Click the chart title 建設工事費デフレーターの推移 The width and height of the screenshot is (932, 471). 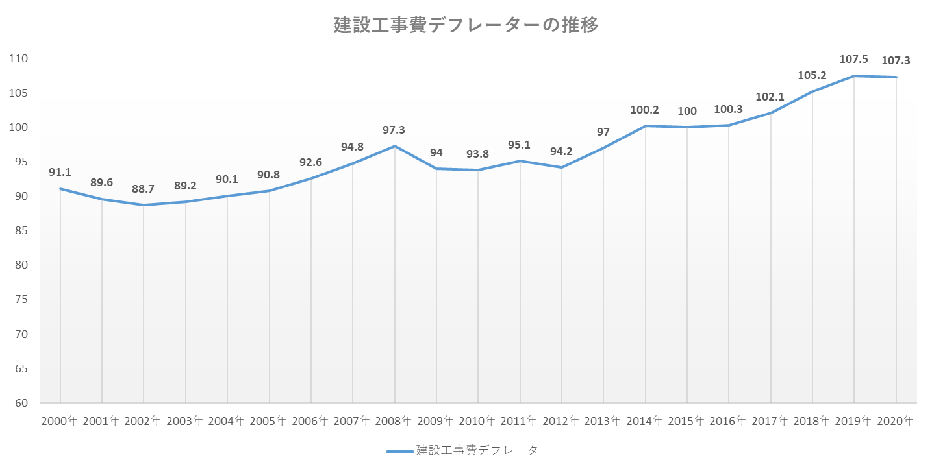466,25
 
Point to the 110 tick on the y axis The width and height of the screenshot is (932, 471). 19,58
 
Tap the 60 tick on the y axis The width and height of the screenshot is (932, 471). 21,403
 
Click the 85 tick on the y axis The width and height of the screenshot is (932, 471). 21,230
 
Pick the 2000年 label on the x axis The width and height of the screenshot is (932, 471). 60,421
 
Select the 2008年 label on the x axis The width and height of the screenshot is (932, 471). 395,421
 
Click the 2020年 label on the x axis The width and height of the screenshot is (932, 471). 896,421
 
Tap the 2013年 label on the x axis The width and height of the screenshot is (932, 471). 603,421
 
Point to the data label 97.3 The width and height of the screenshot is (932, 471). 395,130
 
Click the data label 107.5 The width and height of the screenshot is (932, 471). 854,59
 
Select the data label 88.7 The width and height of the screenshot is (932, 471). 144,189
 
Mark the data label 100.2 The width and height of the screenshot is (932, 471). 645,110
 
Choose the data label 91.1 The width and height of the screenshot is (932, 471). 60,173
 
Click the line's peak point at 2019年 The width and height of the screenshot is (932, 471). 854,76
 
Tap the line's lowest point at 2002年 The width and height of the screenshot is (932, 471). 144,205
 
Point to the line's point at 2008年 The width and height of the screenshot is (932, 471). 395,146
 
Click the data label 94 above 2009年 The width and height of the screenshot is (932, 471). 436,153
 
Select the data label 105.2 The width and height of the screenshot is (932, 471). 812,75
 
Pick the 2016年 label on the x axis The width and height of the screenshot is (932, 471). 729,421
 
